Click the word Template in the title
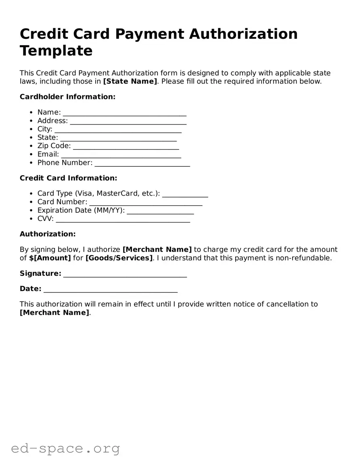(56, 51)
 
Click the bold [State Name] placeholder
(130, 81)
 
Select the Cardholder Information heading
(67, 97)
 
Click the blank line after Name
(124, 113)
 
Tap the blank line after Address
(128, 122)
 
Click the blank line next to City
(118, 130)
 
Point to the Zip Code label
(54, 146)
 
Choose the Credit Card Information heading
(68, 178)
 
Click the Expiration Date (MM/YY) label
(81, 210)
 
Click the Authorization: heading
(48, 234)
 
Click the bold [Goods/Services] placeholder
(119, 258)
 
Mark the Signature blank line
(125, 275)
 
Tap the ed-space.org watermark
(65, 448)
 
